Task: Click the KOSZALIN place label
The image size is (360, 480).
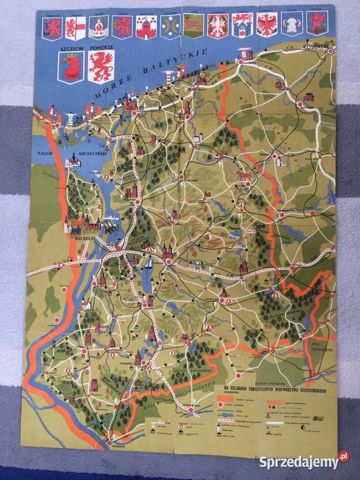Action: [315, 47]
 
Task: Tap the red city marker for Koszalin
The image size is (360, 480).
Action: [331, 51]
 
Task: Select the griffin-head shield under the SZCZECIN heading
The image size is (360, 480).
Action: [70, 68]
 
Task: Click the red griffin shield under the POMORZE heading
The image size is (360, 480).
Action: [101, 68]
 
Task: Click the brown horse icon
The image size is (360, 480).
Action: [244, 174]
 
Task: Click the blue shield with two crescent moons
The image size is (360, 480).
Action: [169, 26]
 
